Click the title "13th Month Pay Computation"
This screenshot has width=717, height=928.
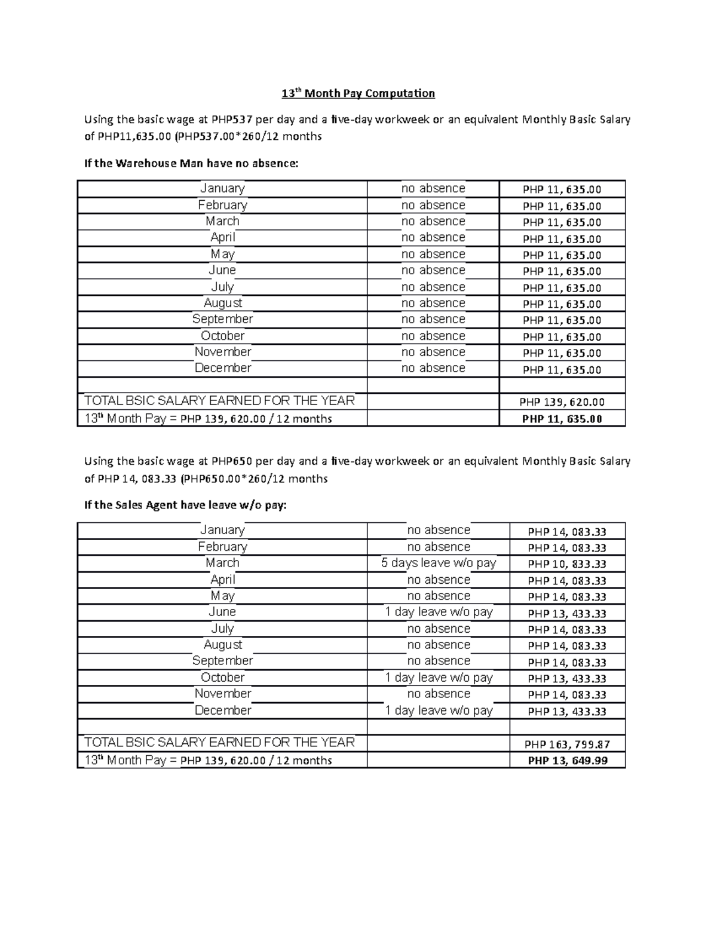click(358, 93)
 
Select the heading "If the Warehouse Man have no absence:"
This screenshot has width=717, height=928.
click(191, 163)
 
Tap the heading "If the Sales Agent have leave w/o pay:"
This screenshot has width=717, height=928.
click(185, 505)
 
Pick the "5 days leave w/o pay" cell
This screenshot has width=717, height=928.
click(439, 563)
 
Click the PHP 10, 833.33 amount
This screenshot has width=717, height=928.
click(567, 564)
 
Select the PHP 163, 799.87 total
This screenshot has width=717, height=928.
click(567, 745)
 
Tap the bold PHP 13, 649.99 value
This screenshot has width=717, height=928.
click(567, 761)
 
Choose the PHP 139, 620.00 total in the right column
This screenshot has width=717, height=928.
click(562, 402)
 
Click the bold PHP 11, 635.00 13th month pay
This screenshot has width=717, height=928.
click(562, 419)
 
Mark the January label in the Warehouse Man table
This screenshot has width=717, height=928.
click(222, 188)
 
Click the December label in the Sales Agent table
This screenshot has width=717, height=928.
click(222, 710)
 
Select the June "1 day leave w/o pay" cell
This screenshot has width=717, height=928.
click(439, 612)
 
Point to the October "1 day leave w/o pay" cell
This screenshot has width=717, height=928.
click(439, 678)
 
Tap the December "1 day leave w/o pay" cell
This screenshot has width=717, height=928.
click(439, 710)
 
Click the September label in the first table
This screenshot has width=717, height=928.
click(222, 319)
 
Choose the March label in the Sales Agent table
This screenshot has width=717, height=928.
click(222, 563)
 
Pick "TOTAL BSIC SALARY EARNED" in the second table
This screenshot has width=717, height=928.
click(219, 742)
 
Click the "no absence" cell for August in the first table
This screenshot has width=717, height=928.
click(433, 303)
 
